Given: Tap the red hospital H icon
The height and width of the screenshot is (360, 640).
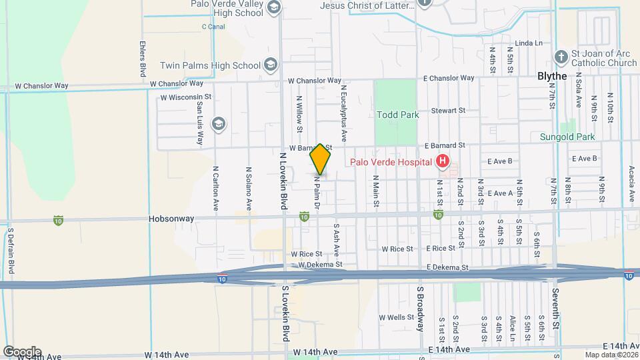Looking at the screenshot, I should [441, 161].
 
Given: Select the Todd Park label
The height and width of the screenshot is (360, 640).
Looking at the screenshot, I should [398, 115].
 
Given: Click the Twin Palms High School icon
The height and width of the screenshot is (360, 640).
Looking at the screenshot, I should [270, 65].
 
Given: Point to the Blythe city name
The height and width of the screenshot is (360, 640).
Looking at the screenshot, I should [552, 76].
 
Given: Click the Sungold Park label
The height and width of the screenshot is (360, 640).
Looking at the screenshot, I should [567, 137].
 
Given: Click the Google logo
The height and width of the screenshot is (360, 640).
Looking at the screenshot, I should [22, 351].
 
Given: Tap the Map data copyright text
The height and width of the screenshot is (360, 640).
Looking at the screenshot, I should [611, 354].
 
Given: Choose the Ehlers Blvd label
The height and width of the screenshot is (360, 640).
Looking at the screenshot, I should [143, 59].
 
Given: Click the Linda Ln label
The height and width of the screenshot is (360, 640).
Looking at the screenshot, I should [529, 43].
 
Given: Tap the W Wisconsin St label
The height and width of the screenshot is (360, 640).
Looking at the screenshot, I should [186, 97].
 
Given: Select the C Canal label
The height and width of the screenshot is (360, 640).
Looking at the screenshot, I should [213, 27].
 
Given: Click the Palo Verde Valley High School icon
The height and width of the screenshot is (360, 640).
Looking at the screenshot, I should [272, 7].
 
